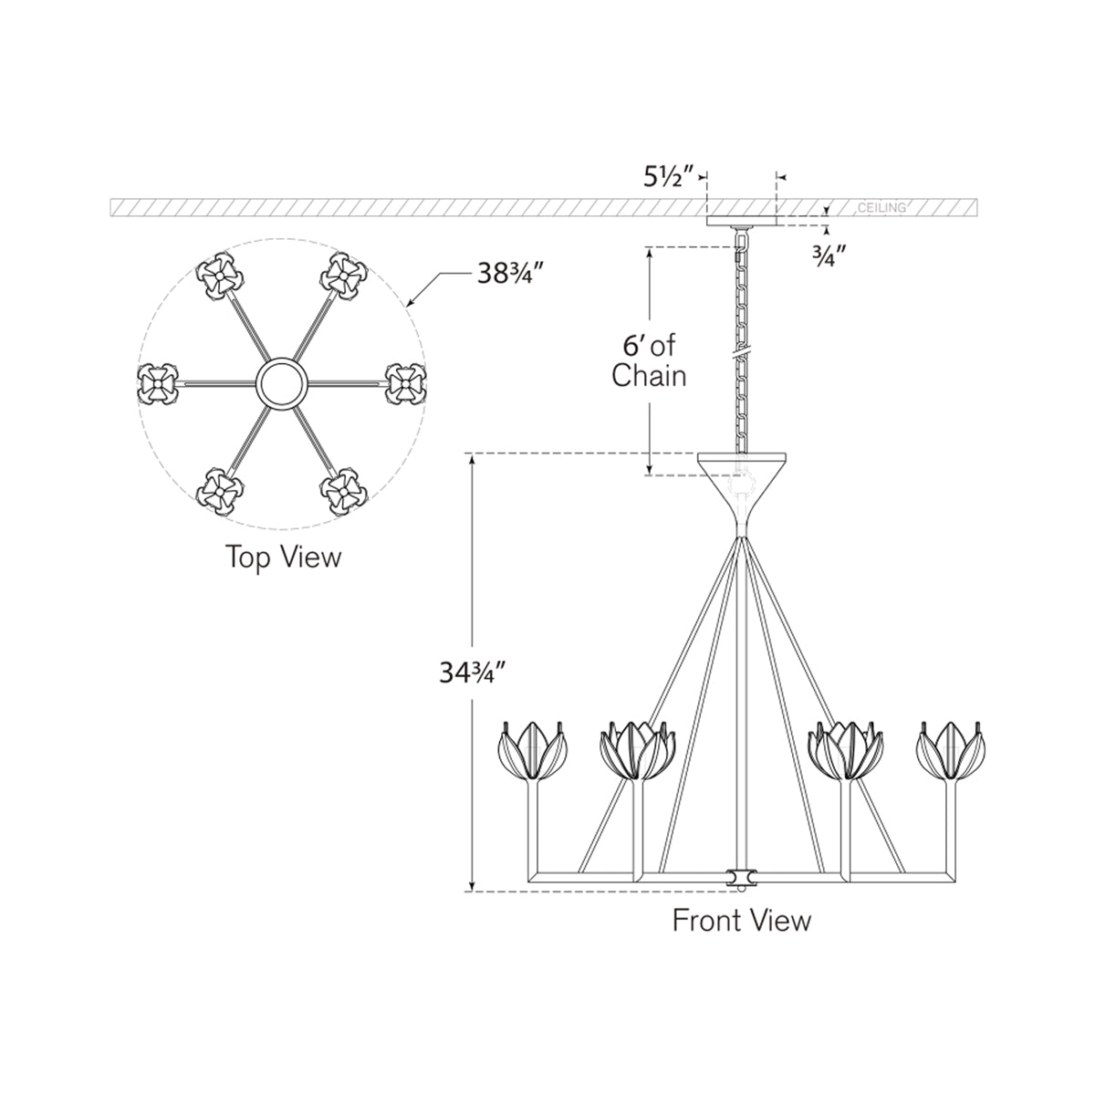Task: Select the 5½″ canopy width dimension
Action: [671, 177]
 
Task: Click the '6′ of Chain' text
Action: [649, 360]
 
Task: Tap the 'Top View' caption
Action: [283, 557]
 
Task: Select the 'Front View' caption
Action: [741, 920]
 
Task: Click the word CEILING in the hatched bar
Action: [881, 208]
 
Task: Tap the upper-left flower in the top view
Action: [218, 275]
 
